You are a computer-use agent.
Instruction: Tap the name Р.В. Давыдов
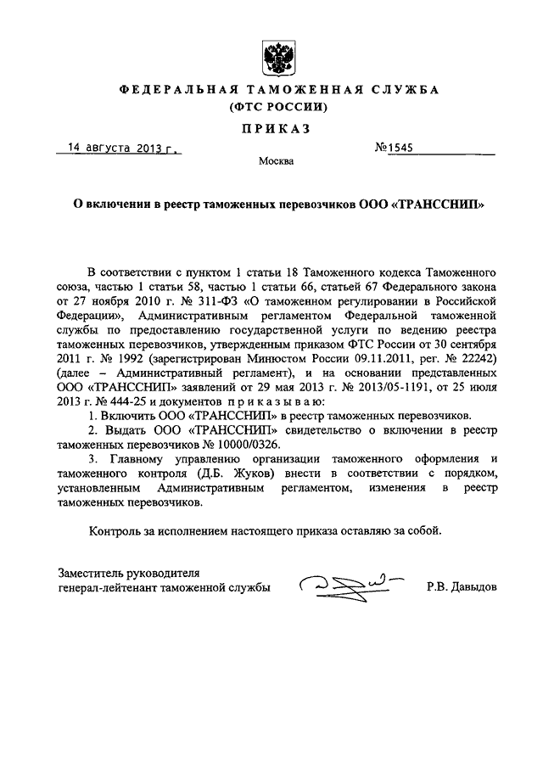463,586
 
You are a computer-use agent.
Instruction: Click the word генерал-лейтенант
109,586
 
